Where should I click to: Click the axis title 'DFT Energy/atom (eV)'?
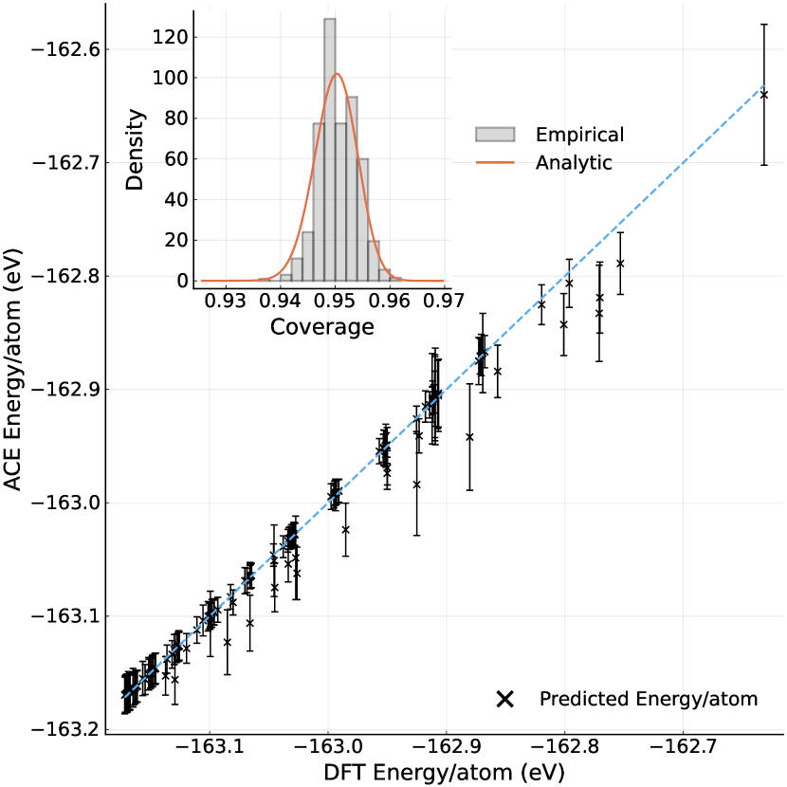tap(445, 773)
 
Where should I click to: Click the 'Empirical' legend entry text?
tap(579, 135)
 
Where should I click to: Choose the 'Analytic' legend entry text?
tap(574, 163)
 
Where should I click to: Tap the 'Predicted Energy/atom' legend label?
tap(649, 700)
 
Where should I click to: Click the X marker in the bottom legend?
tap(505, 700)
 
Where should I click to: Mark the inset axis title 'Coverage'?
tap(321, 327)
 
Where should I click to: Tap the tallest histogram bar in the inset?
tap(330, 152)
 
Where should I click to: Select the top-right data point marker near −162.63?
tap(764, 95)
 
